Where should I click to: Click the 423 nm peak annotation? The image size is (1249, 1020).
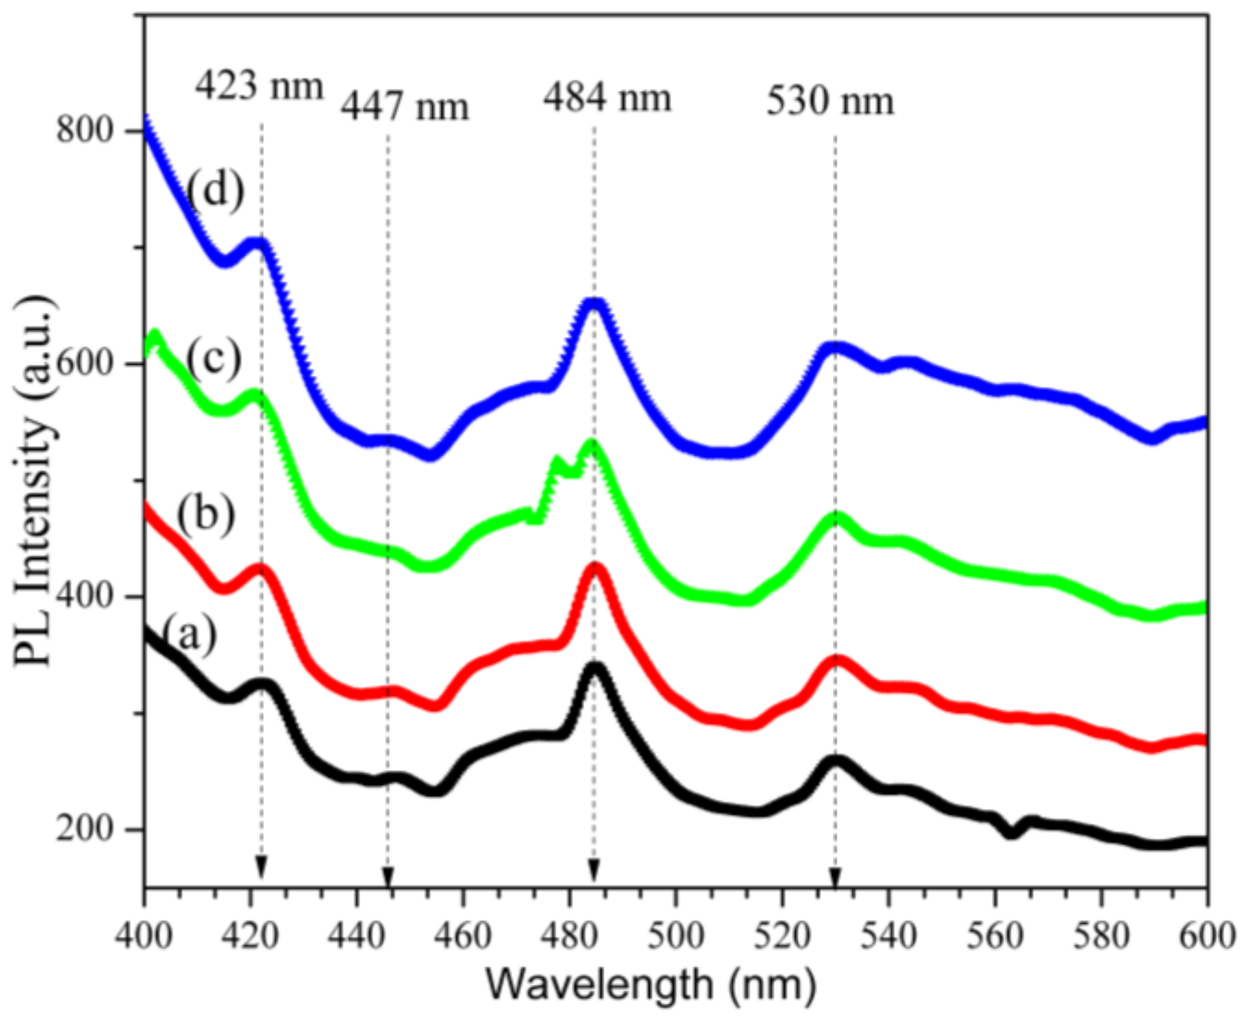259,86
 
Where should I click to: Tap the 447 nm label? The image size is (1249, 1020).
405,106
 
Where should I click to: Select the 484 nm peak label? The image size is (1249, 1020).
607,98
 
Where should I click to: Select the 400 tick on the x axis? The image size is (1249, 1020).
144,936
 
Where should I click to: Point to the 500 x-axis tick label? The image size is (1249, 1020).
676,936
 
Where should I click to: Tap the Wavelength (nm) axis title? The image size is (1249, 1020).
652,984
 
